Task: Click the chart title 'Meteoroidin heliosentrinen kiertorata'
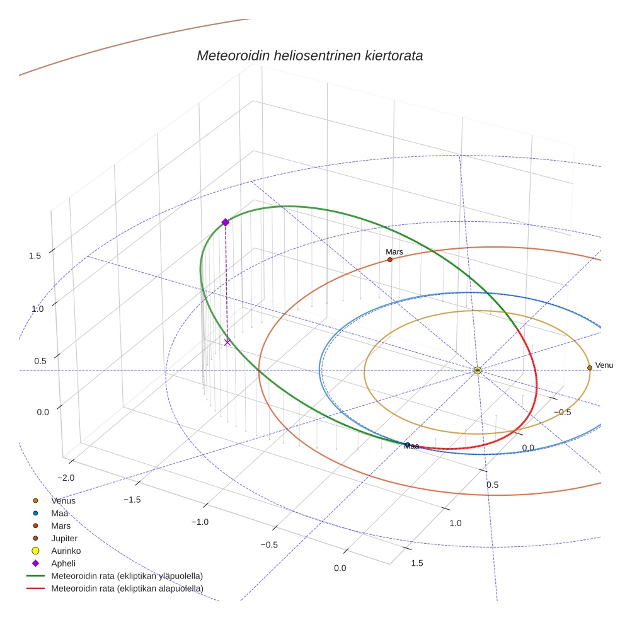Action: coord(309,55)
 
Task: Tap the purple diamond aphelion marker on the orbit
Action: coord(225,222)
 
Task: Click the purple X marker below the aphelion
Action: coord(227,342)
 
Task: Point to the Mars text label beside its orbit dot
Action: coord(394,251)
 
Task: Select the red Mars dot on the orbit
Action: coord(390,260)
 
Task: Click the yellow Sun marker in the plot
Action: coord(478,370)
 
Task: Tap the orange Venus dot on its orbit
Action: coord(590,367)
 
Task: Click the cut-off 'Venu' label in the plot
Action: coord(604,365)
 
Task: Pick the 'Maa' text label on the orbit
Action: coord(411,446)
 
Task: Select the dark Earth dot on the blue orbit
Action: coord(408,445)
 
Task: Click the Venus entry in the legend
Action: coord(63,501)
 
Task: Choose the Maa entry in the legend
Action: coord(60,513)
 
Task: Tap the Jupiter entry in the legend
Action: coord(64,538)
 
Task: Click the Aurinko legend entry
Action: coord(66,551)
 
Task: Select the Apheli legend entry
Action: coord(63,563)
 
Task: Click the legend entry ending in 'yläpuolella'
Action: coord(127,576)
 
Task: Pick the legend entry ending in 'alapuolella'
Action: coord(127,588)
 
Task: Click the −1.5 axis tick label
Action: coord(131,499)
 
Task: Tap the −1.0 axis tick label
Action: coord(200,522)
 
